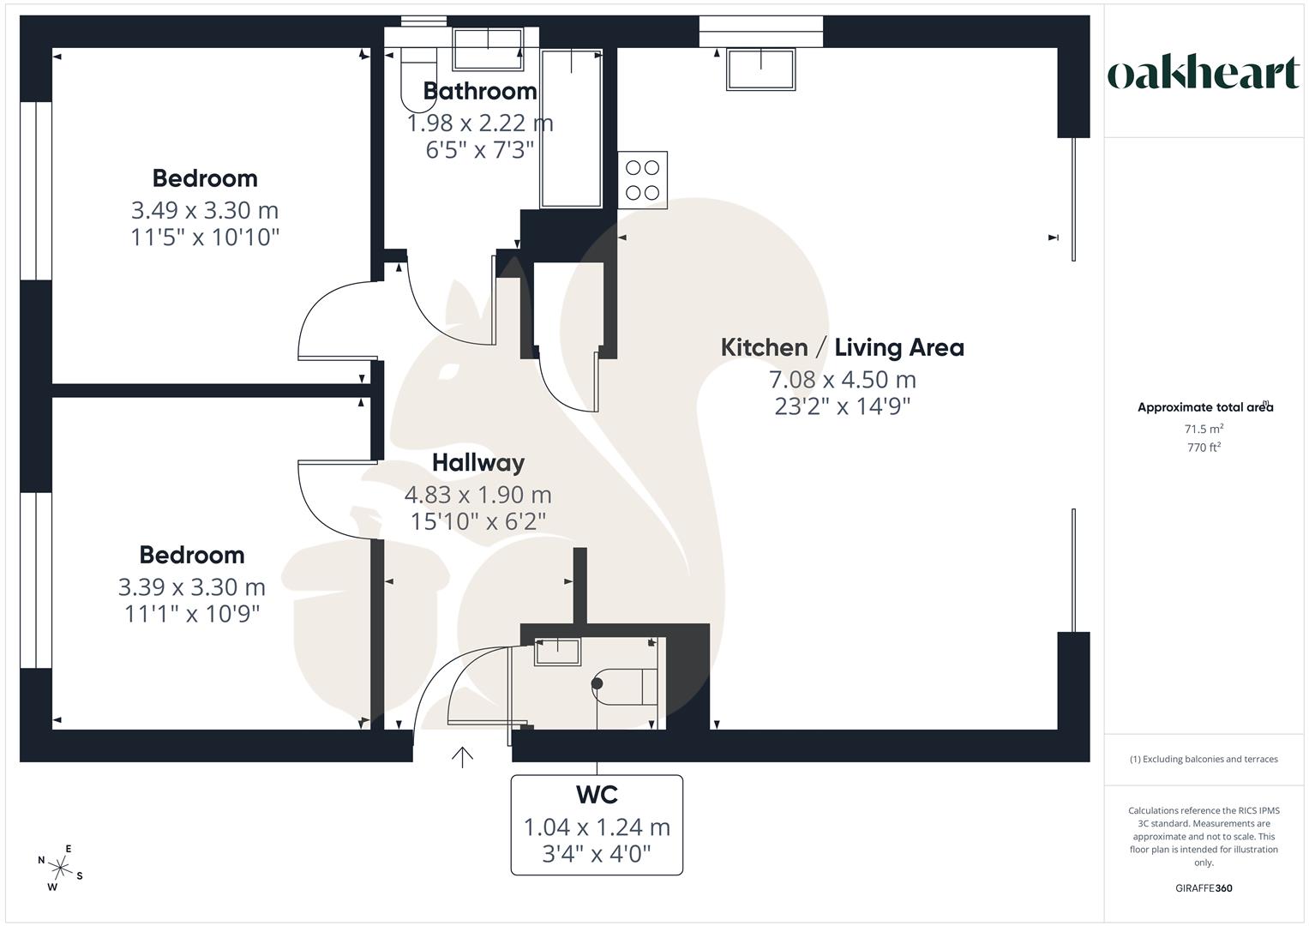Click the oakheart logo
pos(1203,74)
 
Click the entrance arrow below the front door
pos(462,756)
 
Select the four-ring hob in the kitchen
pos(642,180)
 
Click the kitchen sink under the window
pos(760,69)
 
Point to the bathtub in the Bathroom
pos(570,129)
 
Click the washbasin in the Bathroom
pos(488,49)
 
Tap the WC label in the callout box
pos(597,795)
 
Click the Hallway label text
pos(477,463)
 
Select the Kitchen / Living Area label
pos(842,347)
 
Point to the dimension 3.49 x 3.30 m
pos(205,210)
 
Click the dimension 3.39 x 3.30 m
pos(192,587)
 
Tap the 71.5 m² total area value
pos(1204,429)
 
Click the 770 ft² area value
pos(1204,448)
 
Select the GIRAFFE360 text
pos(1204,888)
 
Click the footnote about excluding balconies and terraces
pos(1204,759)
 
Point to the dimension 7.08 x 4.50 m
pos(842,379)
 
